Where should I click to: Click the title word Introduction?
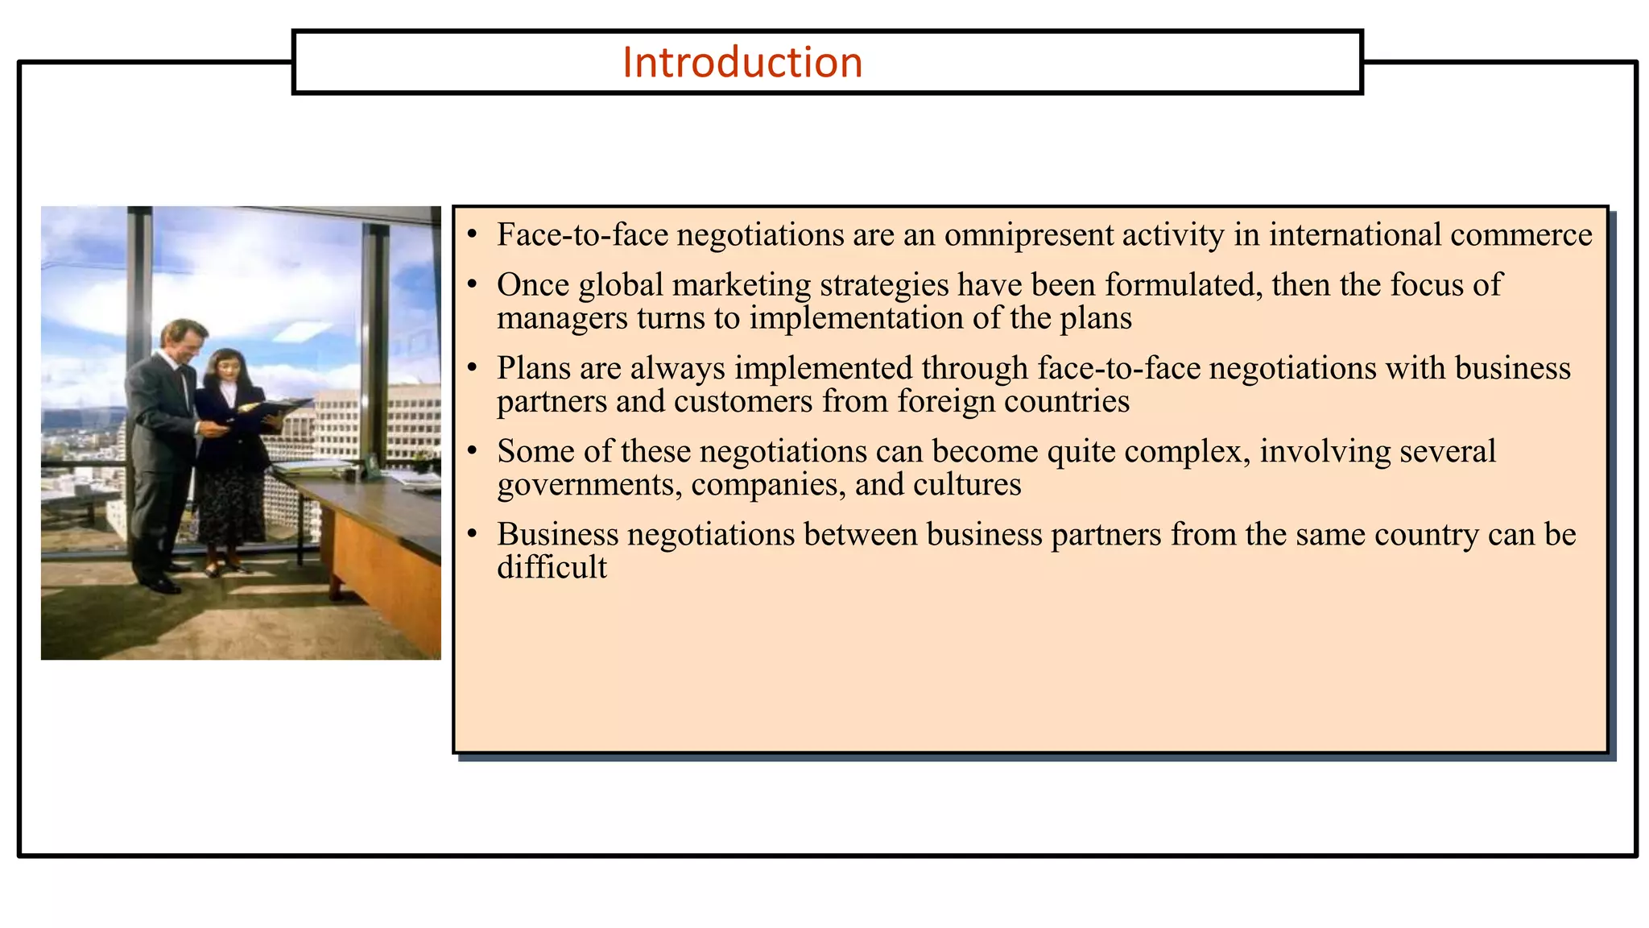click(x=742, y=63)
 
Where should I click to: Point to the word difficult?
click(x=552, y=568)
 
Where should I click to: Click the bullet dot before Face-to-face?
click(x=473, y=235)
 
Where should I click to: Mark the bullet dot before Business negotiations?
click(x=473, y=535)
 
